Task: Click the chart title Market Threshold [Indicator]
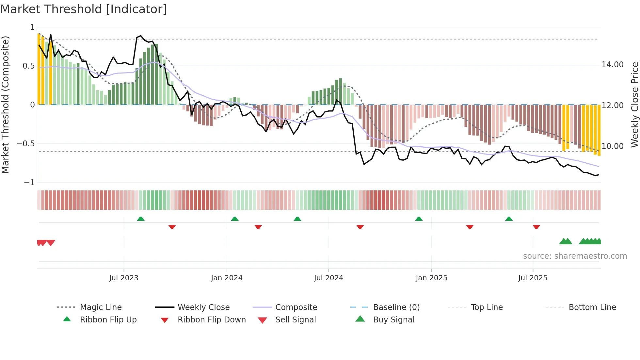84,9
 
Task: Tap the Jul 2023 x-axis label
124,278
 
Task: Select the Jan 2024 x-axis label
227,278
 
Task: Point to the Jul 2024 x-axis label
328,278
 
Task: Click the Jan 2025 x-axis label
431,278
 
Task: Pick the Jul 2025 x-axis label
533,278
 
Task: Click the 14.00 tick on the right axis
613,65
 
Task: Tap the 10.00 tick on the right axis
613,146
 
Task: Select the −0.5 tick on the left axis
26,144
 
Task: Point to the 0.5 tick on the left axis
28,66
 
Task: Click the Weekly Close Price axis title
634,105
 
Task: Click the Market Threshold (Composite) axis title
5,105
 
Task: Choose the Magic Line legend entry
101,307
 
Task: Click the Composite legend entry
296,307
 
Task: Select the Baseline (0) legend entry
396,307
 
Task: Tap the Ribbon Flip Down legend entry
211,320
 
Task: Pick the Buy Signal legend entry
393,320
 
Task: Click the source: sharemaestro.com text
575,256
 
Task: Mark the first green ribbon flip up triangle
141,219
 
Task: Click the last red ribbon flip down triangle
536,227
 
